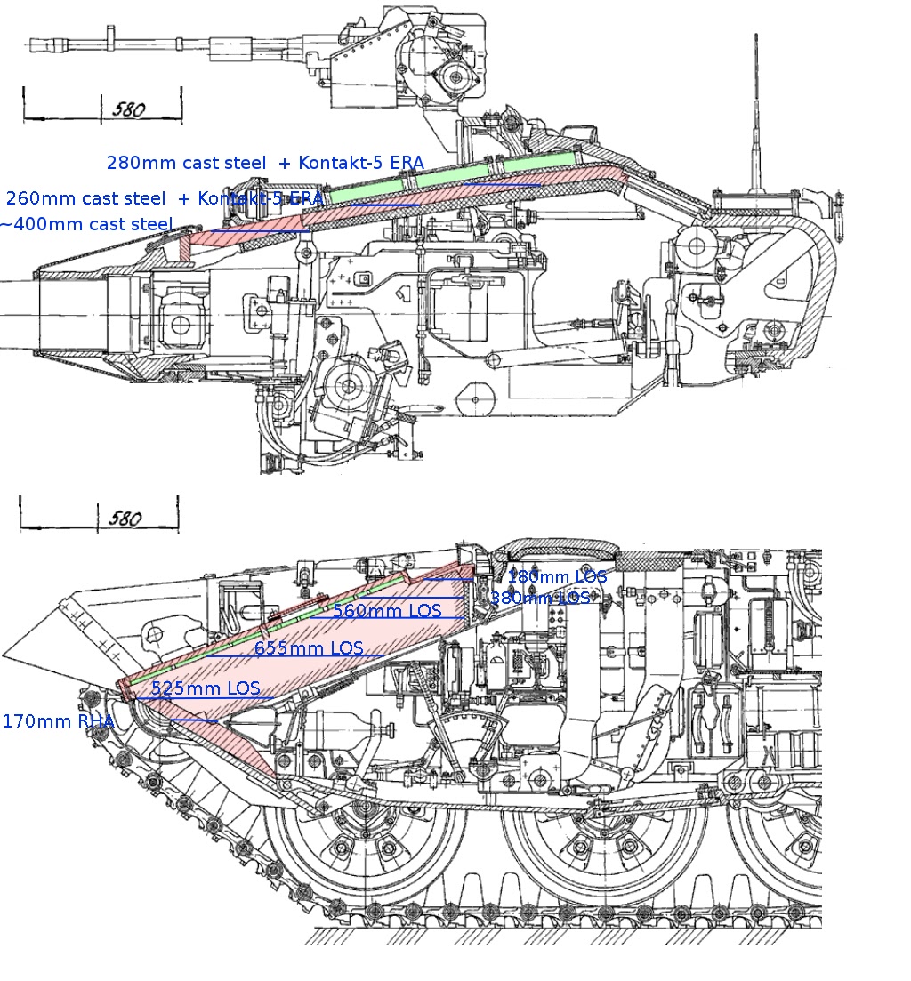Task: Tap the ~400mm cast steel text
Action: pos(85,224)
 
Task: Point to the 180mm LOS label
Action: pos(557,576)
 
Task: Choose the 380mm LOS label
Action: pos(539,598)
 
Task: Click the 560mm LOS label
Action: pos(387,610)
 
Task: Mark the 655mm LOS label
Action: pos(309,648)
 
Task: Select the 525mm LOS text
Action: pos(206,688)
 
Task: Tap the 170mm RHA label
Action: pos(58,721)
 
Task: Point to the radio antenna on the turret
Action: pos(757,107)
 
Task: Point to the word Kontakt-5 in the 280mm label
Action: pos(337,163)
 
